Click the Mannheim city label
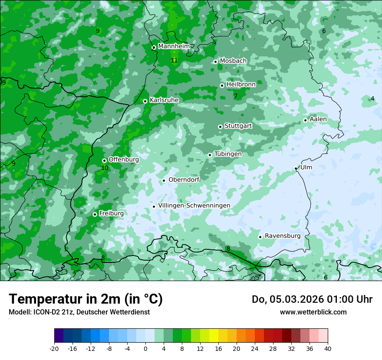pyautogui.click(x=174, y=46)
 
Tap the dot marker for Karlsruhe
pyautogui.click(x=145, y=101)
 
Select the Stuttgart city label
pyautogui.click(x=238, y=126)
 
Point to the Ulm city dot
pyautogui.click(x=296, y=168)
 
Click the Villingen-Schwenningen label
pyautogui.click(x=194, y=205)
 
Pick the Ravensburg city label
pyautogui.click(x=283, y=236)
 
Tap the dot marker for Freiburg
pyautogui.click(x=95, y=214)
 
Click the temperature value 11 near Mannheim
pyautogui.click(x=174, y=60)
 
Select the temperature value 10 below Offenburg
pyautogui.click(x=105, y=168)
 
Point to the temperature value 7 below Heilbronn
pyautogui.click(x=236, y=96)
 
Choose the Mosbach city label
pyautogui.click(x=233, y=61)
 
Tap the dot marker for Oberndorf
pyautogui.click(x=164, y=180)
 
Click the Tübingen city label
pyautogui.click(x=228, y=154)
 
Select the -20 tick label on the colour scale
pyautogui.click(x=54, y=348)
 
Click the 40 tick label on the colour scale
pyautogui.click(x=328, y=348)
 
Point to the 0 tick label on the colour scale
pyautogui.click(x=145, y=348)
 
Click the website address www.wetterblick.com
pyautogui.click(x=313, y=312)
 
